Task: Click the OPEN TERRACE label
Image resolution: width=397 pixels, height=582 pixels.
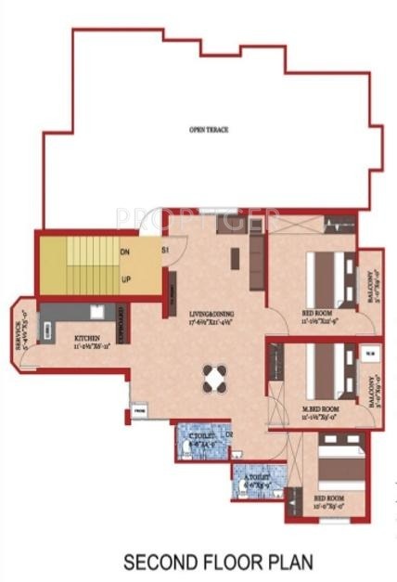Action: pos(209,130)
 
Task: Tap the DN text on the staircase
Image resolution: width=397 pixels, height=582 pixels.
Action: pos(124,252)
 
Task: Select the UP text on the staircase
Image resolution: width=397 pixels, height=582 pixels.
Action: pos(124,278)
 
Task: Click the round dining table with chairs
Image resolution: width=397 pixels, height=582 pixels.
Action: pos(215,379)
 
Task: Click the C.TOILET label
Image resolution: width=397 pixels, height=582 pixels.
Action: pos(198,436)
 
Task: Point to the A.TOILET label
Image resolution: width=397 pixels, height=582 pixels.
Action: pos(255,476)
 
